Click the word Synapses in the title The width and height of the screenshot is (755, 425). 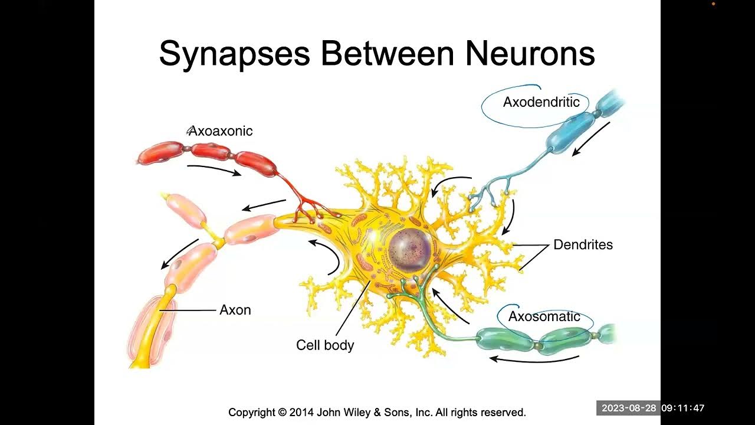pos(234,54)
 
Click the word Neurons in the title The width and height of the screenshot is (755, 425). pos(529,54)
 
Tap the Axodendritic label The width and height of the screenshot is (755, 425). pos(541,102)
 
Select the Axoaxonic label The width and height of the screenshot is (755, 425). pos(220,131)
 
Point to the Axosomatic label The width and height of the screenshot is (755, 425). pos(544,316)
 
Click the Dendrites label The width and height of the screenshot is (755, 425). pos(583,244)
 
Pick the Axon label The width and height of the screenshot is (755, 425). pos(235,310)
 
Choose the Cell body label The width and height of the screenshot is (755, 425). pos(324,345)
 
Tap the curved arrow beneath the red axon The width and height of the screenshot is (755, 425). pos(214,169)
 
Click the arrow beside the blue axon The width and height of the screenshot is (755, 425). pos(590,139)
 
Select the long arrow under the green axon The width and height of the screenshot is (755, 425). pos(534,359)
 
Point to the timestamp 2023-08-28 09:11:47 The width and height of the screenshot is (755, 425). pos(652,408)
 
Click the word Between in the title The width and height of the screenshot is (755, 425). pos(387,54)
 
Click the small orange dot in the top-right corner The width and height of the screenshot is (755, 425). pos(713,4)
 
